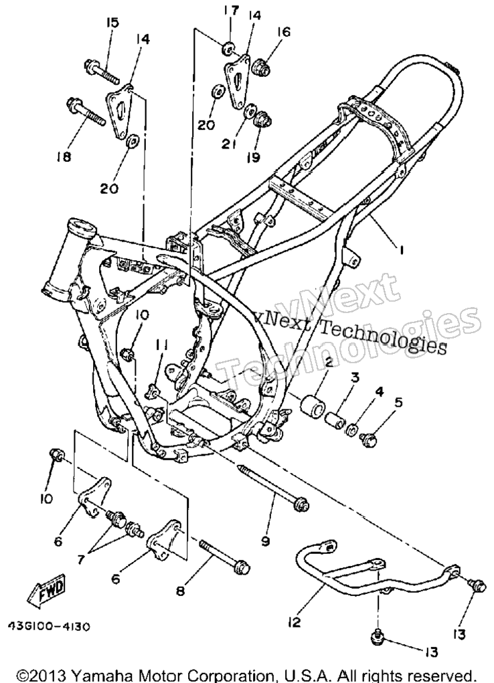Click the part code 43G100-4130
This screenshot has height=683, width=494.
(50, 626)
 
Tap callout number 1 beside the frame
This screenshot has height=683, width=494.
(402, 250)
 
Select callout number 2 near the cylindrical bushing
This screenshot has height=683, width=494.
(327, 361)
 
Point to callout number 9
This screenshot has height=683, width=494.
(265, 541)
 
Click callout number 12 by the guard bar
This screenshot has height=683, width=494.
(295, 622)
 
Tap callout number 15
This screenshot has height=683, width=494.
(112, 22)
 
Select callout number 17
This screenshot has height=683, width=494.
(232, 10)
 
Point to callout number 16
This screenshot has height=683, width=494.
(283, 32)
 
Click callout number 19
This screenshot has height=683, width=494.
(253, 157)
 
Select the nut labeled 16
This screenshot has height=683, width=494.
(263, 66)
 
